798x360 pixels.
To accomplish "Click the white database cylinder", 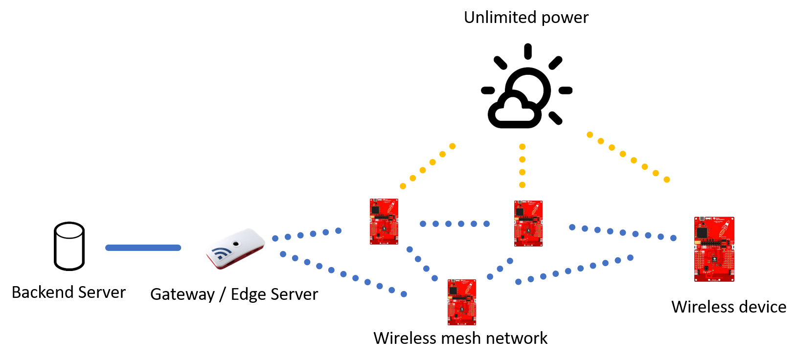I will point(69,247).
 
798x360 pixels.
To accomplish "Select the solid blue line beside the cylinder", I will point(143,248).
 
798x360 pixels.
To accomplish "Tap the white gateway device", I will point(235,248).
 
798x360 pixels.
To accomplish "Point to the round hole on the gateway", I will point(236,243).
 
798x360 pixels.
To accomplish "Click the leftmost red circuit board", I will point(384,222).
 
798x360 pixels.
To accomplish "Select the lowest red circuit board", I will point(461,302).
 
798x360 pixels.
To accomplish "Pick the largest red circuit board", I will point(714,249).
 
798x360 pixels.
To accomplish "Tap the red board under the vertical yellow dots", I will point(528,223).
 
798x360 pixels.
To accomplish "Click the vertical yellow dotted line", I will point(522,166).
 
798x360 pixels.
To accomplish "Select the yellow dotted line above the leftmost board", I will point(428,166).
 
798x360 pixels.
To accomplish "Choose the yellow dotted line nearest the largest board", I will point(628,157).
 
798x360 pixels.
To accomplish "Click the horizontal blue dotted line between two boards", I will point(455,224).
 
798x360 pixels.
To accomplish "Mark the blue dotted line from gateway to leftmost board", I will point(307,234).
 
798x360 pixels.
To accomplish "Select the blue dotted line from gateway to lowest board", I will point(343,274).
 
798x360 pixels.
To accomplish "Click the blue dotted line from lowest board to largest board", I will point(574,270).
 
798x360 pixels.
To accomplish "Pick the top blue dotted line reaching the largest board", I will point(622,232).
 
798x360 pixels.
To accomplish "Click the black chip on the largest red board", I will point(702,232).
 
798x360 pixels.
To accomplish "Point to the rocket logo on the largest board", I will point(724,228).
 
